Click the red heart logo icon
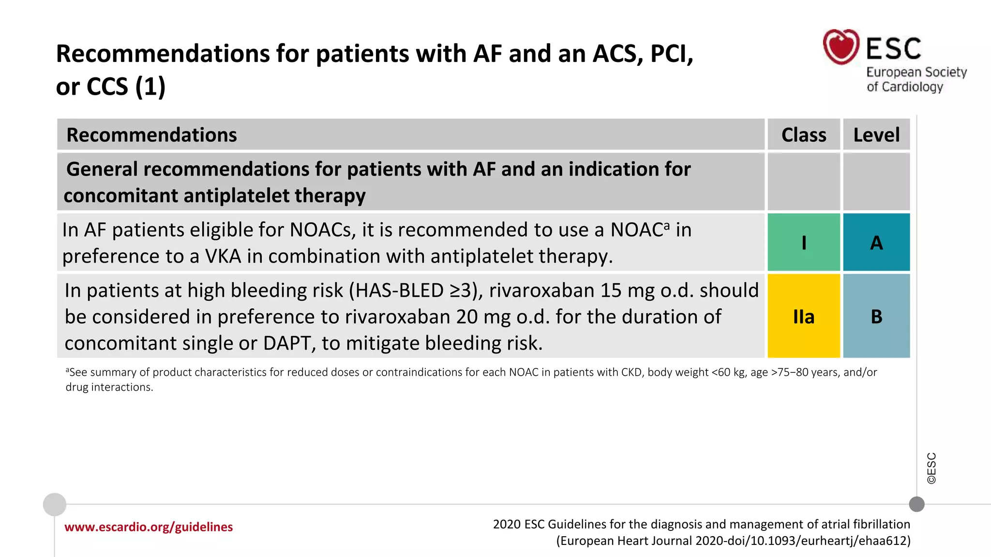pyautogui.click(x=841, y=47)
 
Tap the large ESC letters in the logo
pyautogui.click(x=893, y=48)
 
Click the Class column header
pyautogui.click(x=804, y=135)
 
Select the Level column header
pyautogui.click(x=876, y=135)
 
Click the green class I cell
pyautogui.click(x=804, y=242)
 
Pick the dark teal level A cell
pyautogui.click(x=876, y=242)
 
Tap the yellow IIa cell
pyautogui.click(x=804, y=317)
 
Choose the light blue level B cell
pyautogui.click(x=876, y=317)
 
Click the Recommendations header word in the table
pyautogui.click(x=151, y=135)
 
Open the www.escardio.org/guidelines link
pyautogui.click(x=149, y=527)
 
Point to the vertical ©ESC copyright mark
pyautogui.click(x=931, y=468)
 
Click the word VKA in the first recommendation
pyautogui.click(x=223, y=256)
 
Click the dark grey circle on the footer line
pyautogui.click(x=916, y=504)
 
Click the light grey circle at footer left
pyautogui.click(x=55, y=504)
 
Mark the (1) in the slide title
pyautogui.click(x=150, y=87)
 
